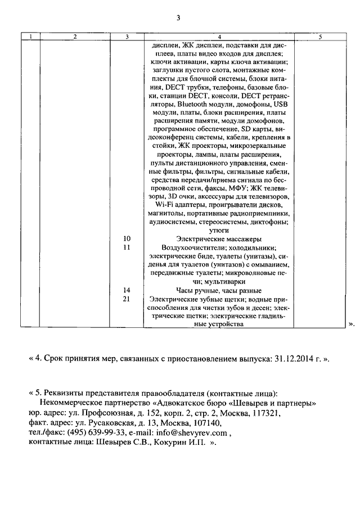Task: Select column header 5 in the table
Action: coord(319,37)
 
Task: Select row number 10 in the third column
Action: coord(127,239)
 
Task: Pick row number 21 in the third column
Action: coord(127,299)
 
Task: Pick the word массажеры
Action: coord(240,239)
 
